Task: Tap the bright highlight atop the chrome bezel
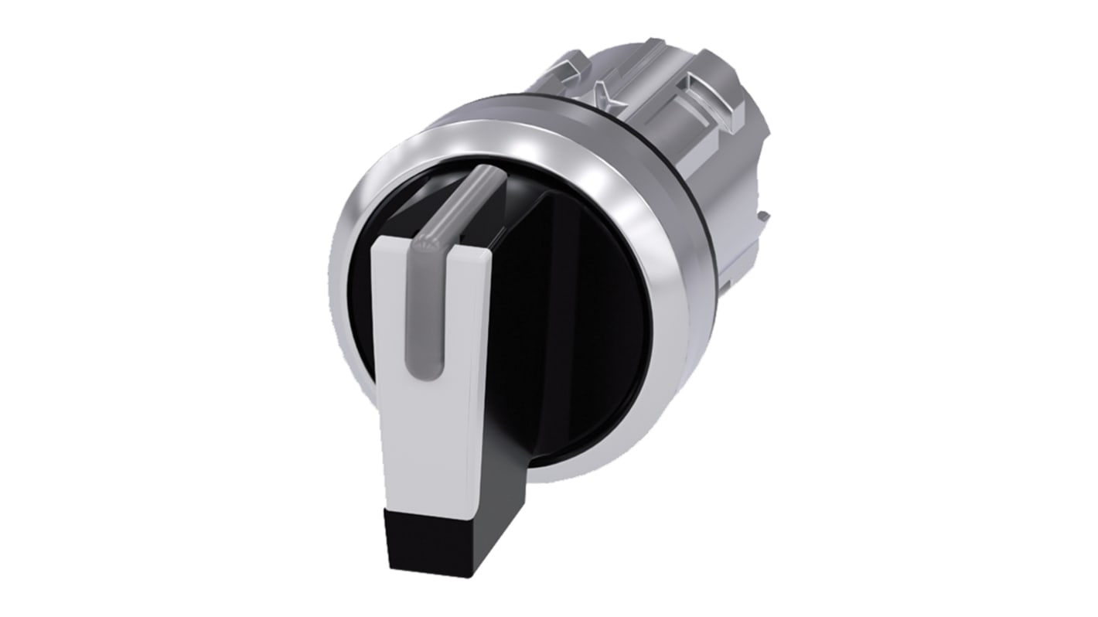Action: pyautogui.click(x=495, y=143)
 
